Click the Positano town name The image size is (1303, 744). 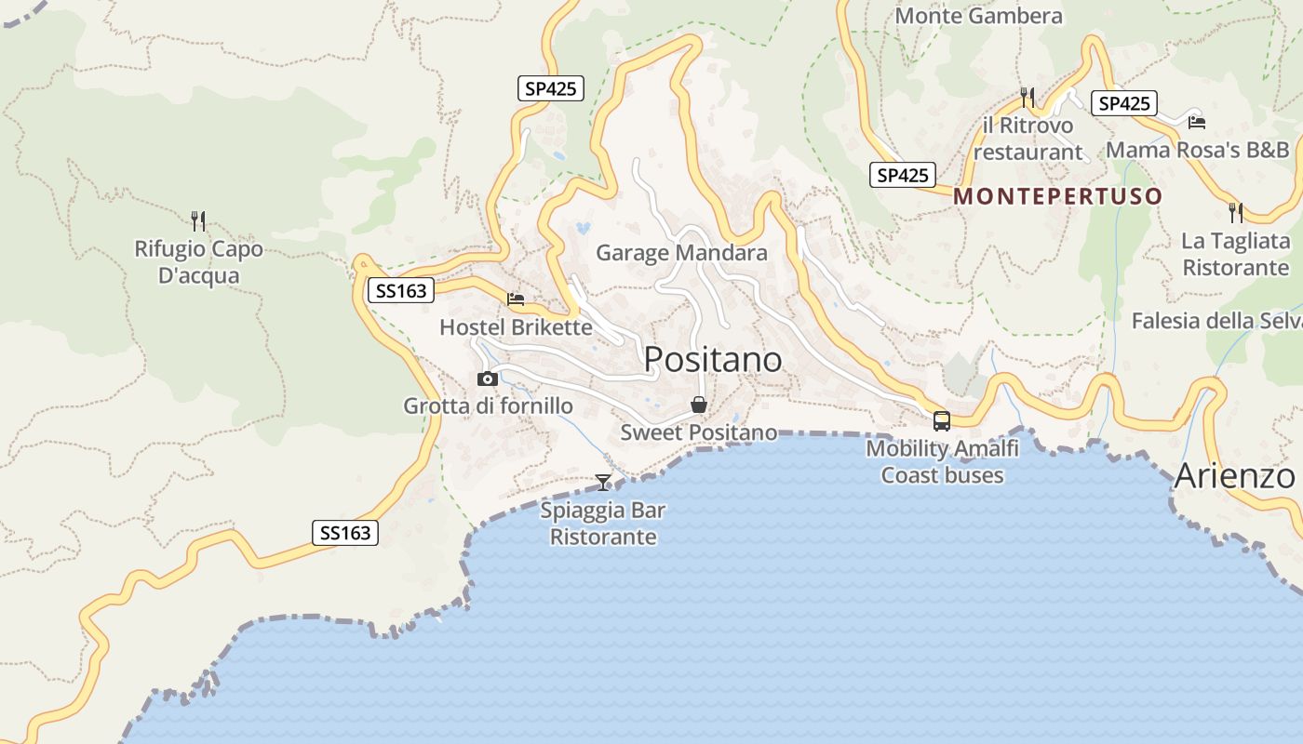click(712, 360)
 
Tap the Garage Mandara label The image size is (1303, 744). click(681, 253)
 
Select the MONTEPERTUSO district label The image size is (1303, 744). click(1058, 196)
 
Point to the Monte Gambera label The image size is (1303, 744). click(978, 16)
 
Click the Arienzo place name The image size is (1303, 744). click(1234, 476)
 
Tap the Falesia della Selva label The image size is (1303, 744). click(1216, 321)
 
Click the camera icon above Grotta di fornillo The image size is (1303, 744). click(487, 379)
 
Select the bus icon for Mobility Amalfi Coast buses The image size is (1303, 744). click(942, 420)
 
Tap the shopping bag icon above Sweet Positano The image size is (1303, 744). click(699, 405)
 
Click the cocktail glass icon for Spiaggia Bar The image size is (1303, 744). click(603, 482)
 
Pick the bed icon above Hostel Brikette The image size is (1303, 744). click(516, 299)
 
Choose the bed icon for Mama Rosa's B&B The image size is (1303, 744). click(1197, 122)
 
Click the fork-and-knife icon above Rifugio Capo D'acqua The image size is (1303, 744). click(198, 220)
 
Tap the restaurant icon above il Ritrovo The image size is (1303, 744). click(1028, 97)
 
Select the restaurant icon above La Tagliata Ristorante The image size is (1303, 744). click(1236, 213)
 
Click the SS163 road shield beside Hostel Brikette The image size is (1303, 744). click(401, 291)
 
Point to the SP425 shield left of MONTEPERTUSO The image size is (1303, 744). click(902, 175)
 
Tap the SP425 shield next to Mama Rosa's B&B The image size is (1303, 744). click(1124, 103)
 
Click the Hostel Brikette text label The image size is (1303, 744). click(516, 327)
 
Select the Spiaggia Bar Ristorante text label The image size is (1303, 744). click(603, 524)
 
